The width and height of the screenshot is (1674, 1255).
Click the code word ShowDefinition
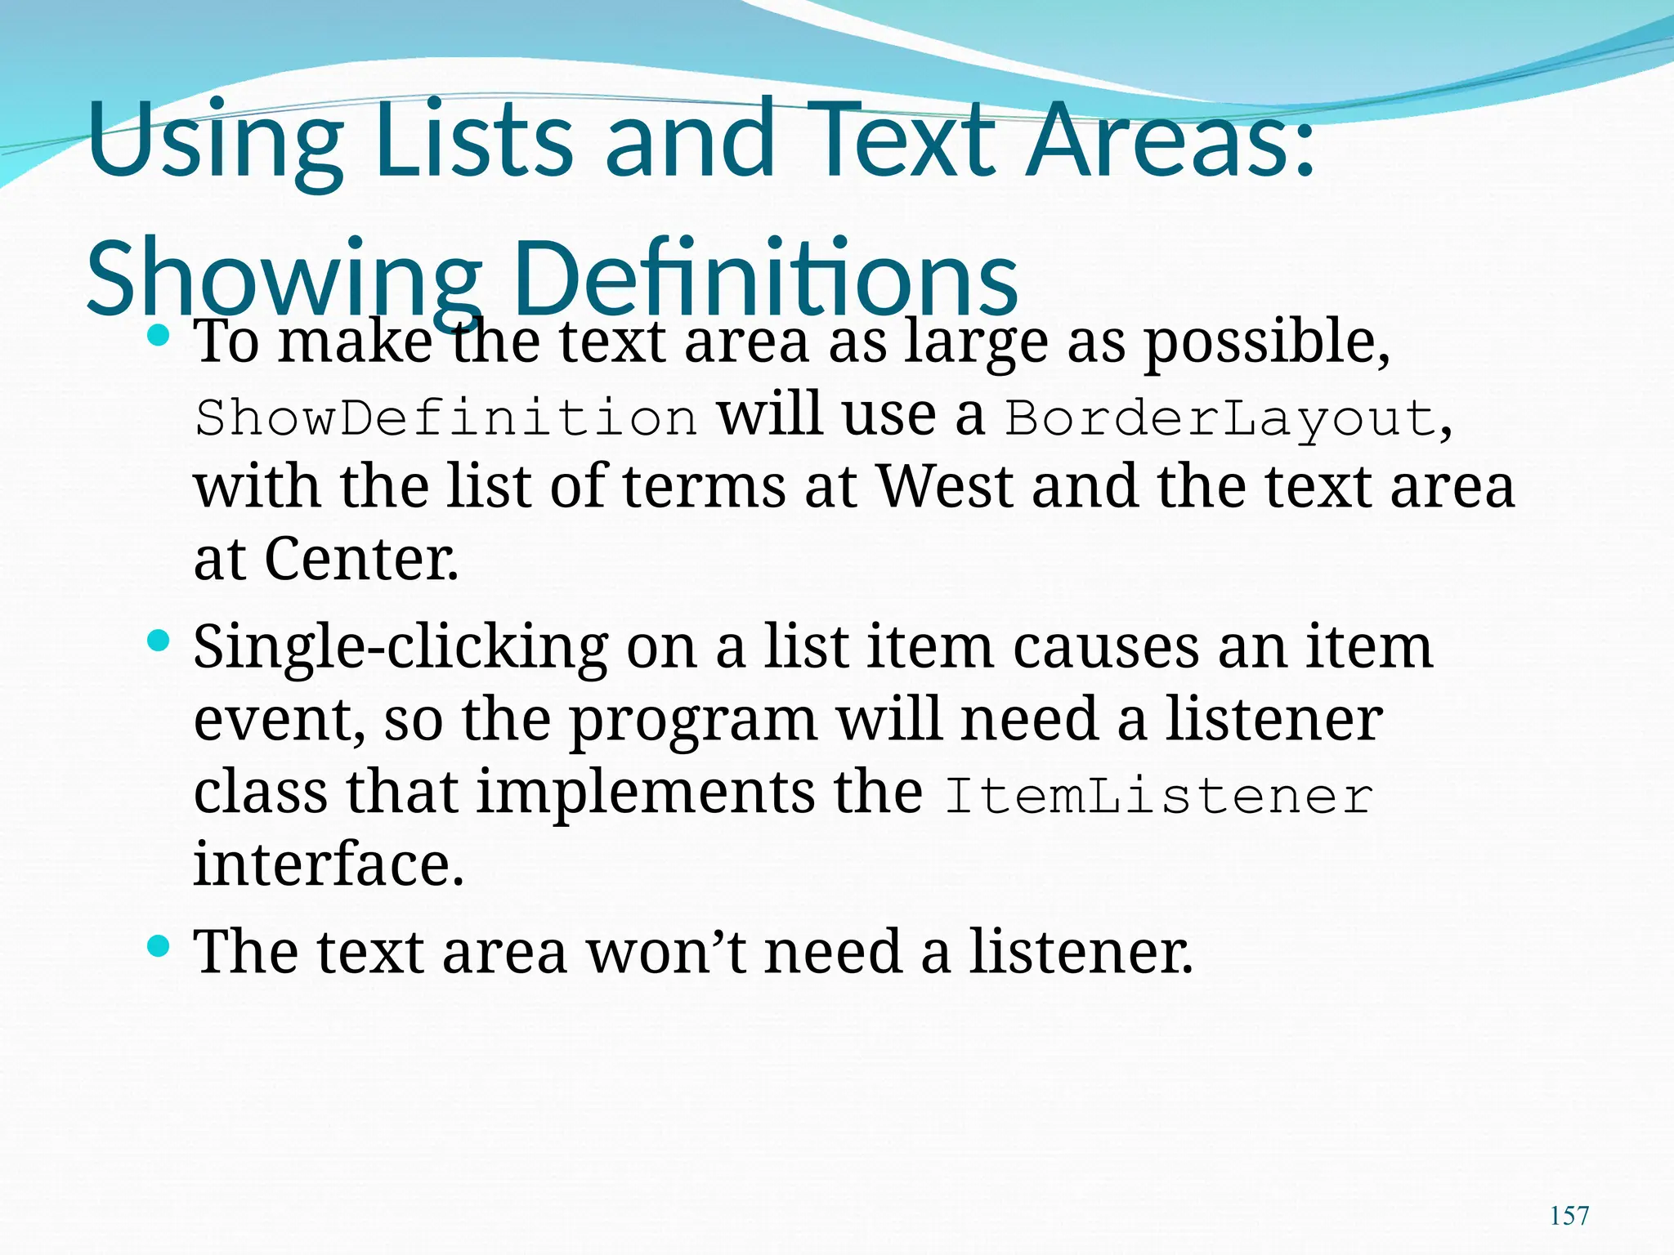446,418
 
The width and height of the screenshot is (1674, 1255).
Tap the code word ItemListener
1158,796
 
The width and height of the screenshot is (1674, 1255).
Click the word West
945,487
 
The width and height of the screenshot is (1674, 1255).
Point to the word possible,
1266,343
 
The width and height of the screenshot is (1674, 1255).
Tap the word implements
646,793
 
